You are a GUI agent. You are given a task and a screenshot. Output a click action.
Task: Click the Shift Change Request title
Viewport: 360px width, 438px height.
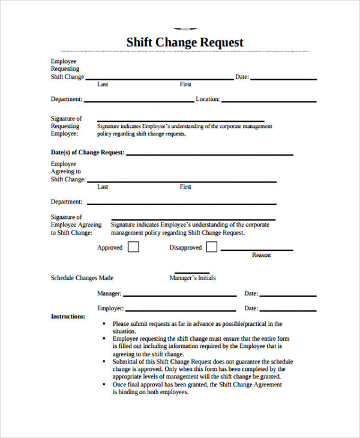tap(185, 43)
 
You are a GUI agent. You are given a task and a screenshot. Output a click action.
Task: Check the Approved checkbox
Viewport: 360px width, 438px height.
tap(134, 247)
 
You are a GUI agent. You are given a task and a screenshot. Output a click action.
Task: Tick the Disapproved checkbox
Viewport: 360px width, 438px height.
tap(212, 247)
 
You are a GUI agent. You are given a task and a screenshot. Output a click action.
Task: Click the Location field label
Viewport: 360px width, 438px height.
tap(208, 100)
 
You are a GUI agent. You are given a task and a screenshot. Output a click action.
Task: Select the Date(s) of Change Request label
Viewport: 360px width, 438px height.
tap(88, 152)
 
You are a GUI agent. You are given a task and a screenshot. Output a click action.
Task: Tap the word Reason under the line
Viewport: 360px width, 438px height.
tap(261, 255)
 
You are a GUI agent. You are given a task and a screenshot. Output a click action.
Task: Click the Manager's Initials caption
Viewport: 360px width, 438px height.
tap(192, 278)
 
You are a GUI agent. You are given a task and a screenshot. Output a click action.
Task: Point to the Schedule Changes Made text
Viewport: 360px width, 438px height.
tap(82, 278)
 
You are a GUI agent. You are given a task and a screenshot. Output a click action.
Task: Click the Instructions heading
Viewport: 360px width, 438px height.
tap(68, 316)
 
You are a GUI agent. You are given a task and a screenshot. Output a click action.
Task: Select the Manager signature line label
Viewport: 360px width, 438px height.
tap(109, 294)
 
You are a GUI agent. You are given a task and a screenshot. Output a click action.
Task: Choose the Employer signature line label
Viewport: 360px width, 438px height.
tap(110, 308)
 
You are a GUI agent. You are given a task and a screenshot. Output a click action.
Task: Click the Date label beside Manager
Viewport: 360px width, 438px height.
tap(251, 294)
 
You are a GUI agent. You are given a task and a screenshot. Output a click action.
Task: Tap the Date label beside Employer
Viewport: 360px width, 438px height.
tap(251, 308)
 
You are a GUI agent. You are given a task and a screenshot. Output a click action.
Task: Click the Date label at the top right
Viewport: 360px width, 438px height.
tap(242, 77)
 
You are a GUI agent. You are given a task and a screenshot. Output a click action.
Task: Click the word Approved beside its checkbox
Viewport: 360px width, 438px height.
tap(110, 247)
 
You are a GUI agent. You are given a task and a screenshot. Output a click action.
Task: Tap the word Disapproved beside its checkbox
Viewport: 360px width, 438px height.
tap(185, 247)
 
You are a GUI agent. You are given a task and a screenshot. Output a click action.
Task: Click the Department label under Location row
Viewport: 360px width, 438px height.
tap(67, 202)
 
